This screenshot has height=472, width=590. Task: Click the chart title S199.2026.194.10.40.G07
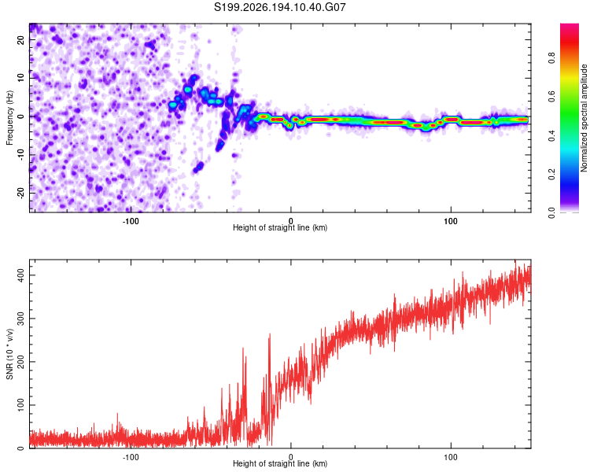pyautogui.click(x=279, y=7)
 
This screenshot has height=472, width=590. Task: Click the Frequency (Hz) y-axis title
pyautogui.click(x=9, y=118)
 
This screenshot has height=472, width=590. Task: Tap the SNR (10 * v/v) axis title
pyautogui.click(x=9, y=354)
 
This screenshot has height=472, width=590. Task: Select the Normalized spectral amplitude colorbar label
pyautogui.click(x=584, y=118)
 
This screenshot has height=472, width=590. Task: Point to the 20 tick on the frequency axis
pyautogui.click(x=20, y=40)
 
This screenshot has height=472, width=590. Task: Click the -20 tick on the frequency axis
pyautogui.click(x=20, y=194)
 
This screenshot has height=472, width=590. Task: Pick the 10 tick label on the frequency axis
pyautogui.click(x=20, y=78)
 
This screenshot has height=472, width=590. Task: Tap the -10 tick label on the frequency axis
pyautogui.click(x=20, y=155)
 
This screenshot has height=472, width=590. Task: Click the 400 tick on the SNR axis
pyautogui.click(x=20, y=275)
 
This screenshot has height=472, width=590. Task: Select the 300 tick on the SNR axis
pyautogui.click(x=20, y=319)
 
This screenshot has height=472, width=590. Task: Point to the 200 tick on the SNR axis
pyautogui.click(x=20, y=362)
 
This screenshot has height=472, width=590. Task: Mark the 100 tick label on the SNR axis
pyautogui.click(x=20, y=405)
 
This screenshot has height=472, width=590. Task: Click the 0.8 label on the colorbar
pyautogui.click(x=551, y=58)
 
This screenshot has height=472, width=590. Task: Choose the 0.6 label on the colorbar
pyautogui.click(x=551, y=97)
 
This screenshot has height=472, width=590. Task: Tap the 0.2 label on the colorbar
pyautogui.click(x=551, y=175)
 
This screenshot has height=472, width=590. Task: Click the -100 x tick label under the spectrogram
pyautogui.click(x=130, y=221)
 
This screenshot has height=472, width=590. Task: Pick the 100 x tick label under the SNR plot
pyautogui.click(x=451, y=457)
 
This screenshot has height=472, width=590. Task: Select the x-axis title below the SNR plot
pyautogui.click(x=280, y=463)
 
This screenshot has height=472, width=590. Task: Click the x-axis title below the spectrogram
pyautogui.click(x=280, y=227)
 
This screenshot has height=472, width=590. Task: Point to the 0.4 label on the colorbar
pyautogui.click(x=551, y=135)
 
